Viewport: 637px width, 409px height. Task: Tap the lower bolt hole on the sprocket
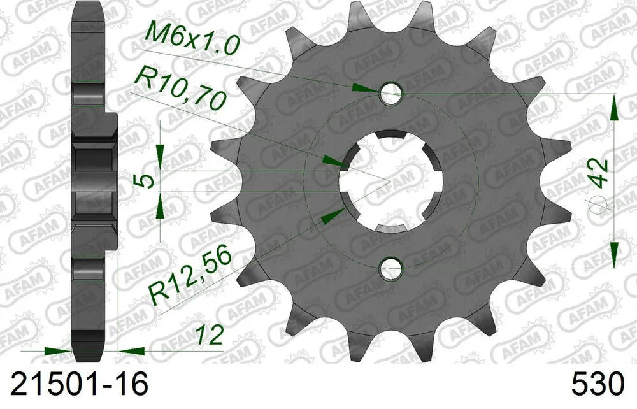390,269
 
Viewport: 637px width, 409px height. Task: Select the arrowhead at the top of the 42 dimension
613,108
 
